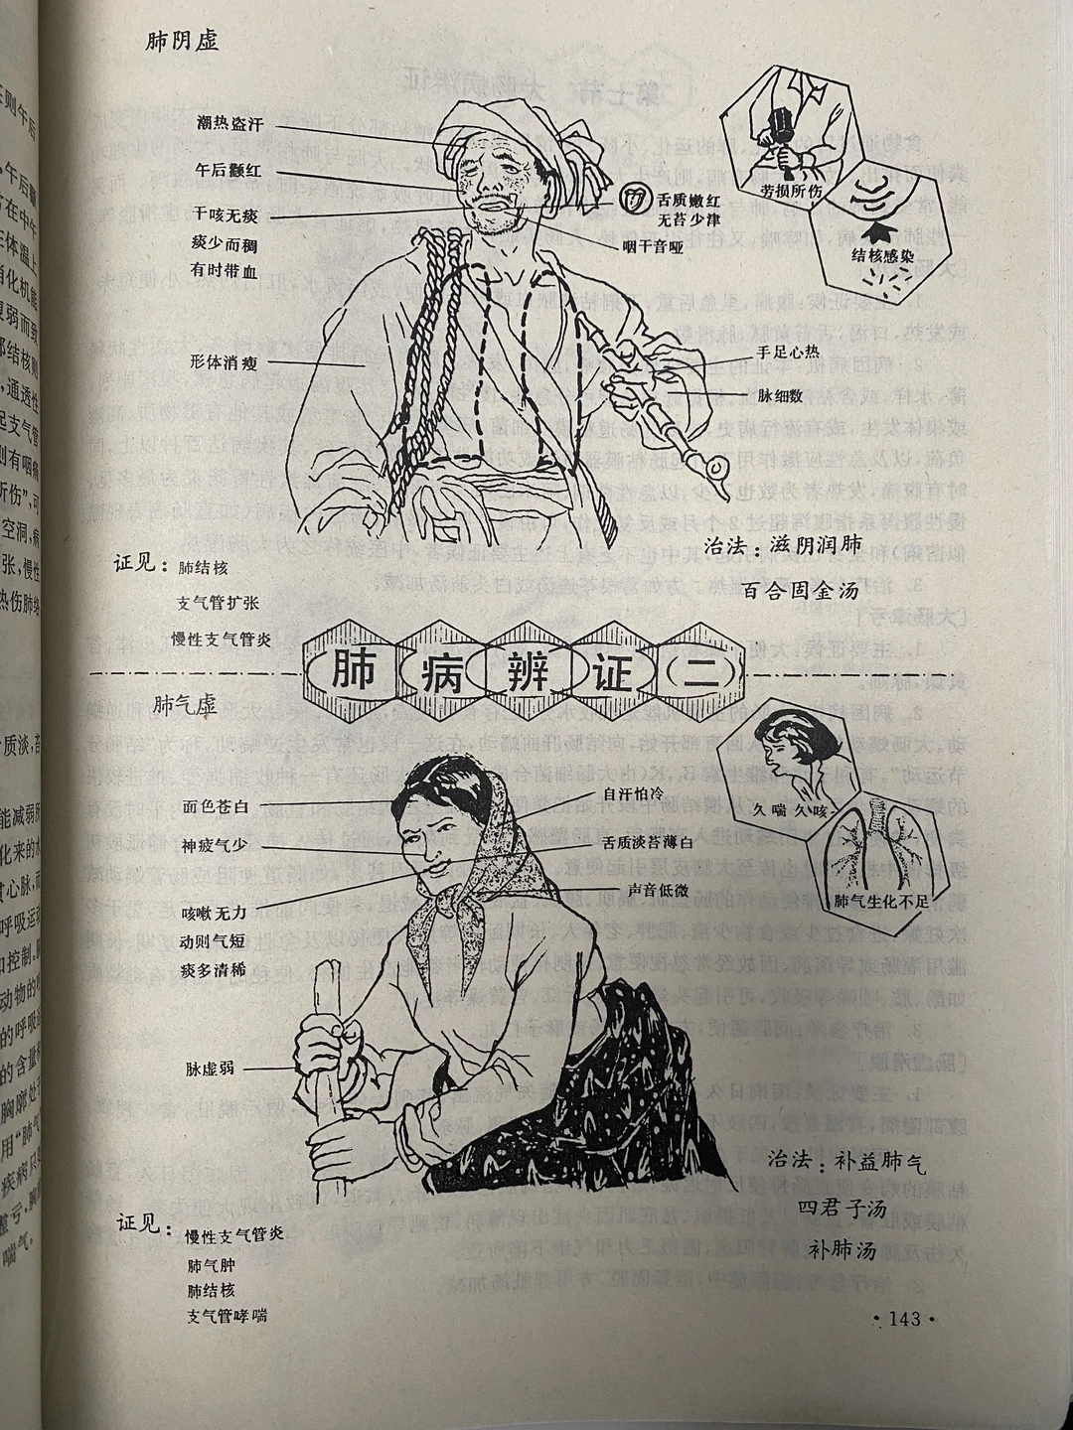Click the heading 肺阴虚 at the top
(182, 42)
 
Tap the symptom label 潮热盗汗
(230, 124)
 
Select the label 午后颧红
(230, 171)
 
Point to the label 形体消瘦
(225, 363)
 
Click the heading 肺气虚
(185, 704)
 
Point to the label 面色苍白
(217, 805)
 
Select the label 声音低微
(658, 891)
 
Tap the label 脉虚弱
(211, 1069)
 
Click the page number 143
(904, 1319)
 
